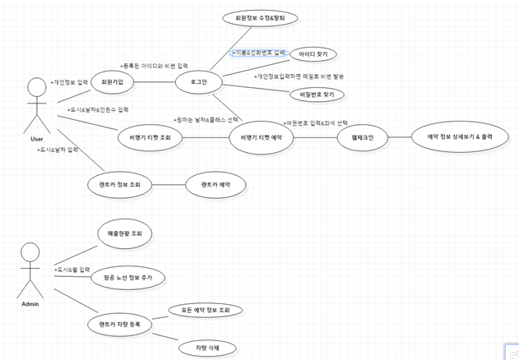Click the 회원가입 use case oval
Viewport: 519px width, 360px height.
(x=113, y=82)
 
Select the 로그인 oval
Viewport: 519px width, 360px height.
(x=198, y=82)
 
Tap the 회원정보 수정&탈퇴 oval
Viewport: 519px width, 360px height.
(x=260, y=17)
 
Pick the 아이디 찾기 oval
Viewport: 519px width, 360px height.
(x=313, y=54)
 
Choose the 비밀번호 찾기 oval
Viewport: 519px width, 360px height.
(x=317, y=95)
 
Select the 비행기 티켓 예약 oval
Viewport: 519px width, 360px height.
(x=262, y=137)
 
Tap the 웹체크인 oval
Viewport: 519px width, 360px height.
(x=362, y=137)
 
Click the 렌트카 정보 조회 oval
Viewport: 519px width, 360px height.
(x=120, y=185)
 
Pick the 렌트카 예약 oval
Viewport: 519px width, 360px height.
(x=215, y=185)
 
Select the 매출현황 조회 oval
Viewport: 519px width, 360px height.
(x=125, y=234)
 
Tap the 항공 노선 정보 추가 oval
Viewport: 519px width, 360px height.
(x=127, y=278)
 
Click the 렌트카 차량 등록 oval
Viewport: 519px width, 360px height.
(x=119, y=325)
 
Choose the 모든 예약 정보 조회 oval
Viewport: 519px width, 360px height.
(x=206, y=310)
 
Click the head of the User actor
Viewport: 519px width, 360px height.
(x=36, y=86)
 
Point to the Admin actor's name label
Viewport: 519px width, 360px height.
(x=30, y=304)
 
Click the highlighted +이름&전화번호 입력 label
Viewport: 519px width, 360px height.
(x=258, y=53)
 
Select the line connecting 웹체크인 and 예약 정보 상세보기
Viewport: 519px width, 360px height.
(x=399, y=137)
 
